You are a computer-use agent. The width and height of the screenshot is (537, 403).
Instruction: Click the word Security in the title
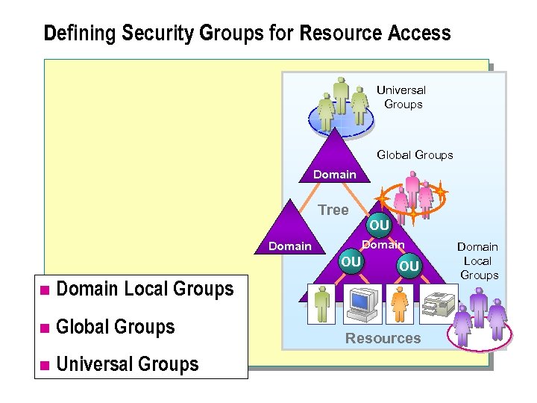coord(157,34)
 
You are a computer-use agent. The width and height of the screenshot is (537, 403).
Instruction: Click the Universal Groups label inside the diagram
coord(402,97)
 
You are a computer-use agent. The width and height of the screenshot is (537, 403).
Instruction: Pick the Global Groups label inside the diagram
coord(415,155)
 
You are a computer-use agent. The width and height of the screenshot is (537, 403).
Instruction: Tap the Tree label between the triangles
coord(333,210)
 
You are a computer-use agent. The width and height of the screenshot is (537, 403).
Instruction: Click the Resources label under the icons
coord(383,338)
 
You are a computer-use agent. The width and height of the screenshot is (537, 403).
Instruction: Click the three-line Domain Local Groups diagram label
coord(477,260)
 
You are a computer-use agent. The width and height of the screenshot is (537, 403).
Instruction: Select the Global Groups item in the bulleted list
coord(116,327)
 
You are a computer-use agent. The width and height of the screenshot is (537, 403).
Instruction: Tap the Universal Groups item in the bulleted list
coord(128,364)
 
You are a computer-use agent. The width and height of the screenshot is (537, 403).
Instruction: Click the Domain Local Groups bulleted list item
coord(145,289)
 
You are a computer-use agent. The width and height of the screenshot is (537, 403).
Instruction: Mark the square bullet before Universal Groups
coord(45,365)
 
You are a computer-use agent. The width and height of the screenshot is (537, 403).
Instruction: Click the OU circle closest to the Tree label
coord(379,225)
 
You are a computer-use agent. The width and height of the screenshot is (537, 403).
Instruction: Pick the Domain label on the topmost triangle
coord(335,175)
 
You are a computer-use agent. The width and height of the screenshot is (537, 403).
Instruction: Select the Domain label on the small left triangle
coord(289,246)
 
